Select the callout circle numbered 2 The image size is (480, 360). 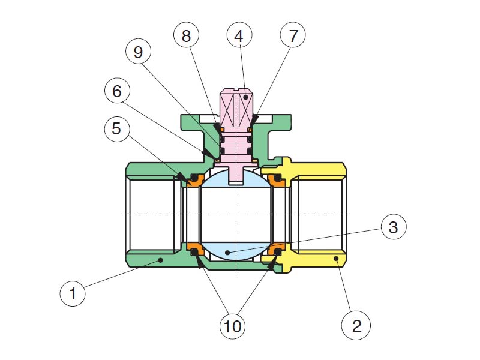pos(356,326)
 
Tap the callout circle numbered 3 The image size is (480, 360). pos(392,227)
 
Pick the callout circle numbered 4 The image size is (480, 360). pos(239,36)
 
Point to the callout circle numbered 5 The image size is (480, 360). pos(116,128)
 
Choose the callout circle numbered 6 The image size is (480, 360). pos(116,91)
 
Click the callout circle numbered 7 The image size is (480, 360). pos(292,36)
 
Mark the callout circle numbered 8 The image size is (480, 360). pos(187,36)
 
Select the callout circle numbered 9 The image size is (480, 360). pos(139,52)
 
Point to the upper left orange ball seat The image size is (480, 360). pos(194,179)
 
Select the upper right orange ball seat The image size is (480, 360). pos(277,179)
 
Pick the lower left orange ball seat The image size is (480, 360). pos(194,248)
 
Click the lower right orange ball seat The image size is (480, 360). pos(277,249)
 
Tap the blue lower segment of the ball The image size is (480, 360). pos(236,251)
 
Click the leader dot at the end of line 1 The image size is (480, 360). pos(160,260)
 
